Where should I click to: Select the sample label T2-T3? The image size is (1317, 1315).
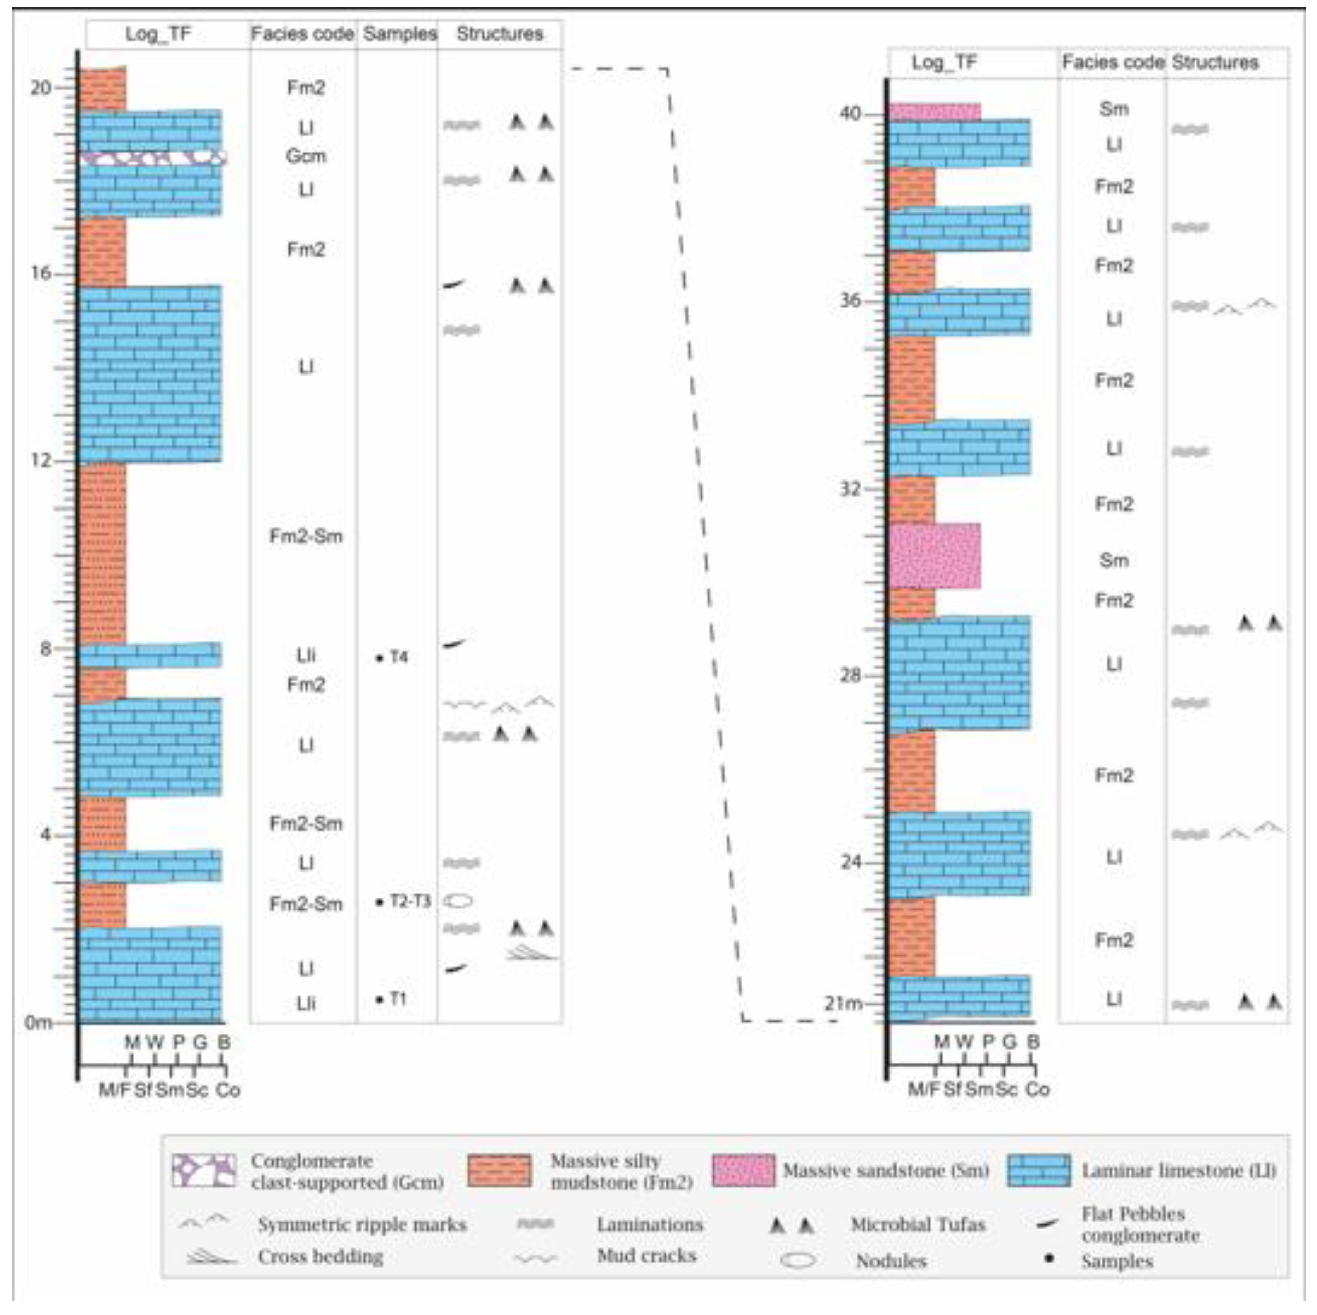click(410, 901)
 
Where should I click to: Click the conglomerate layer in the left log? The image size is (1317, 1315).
click(151, 157)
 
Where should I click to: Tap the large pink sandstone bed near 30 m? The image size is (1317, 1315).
click(935, 556)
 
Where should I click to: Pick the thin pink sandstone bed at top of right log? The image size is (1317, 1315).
click(935, 111)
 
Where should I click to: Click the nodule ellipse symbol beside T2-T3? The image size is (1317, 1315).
click(459, 901)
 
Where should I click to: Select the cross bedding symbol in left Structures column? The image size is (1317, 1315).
click(532, 952)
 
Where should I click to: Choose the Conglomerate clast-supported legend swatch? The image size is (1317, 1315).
click(204, 1170)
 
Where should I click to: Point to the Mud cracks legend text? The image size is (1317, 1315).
click(646, 1256)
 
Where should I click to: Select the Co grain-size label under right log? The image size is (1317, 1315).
click(1038, 1089)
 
